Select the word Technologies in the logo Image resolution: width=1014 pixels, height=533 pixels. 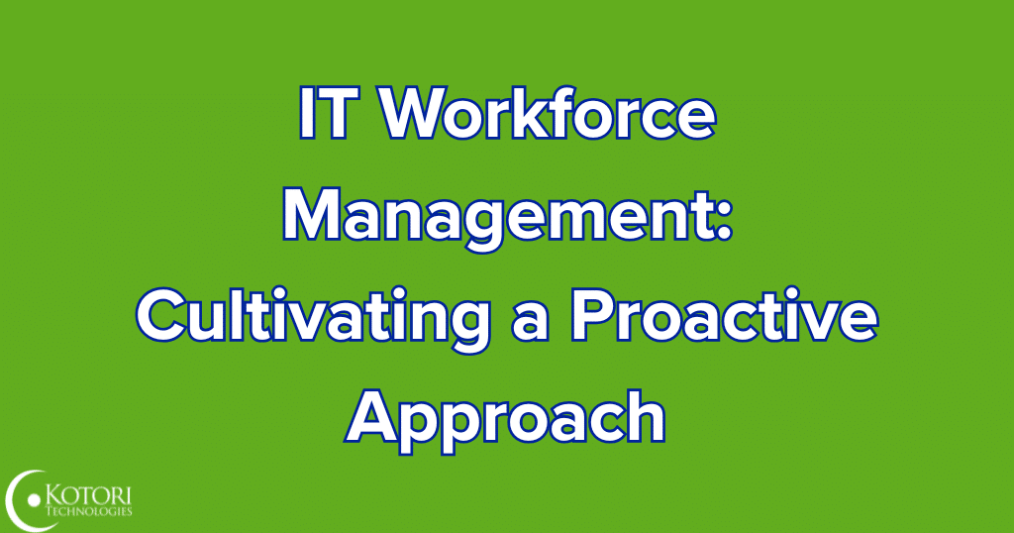[89, 512]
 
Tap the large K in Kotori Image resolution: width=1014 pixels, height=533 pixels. [55, 495]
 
